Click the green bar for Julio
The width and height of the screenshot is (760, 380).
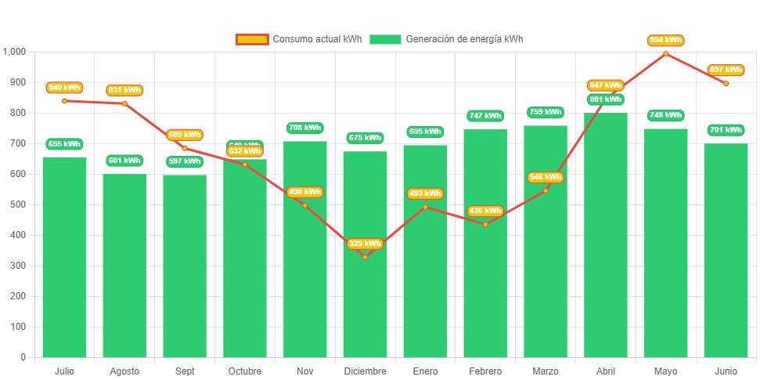64,259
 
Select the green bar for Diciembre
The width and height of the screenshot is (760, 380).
365,306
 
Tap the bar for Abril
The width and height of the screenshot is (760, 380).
606,235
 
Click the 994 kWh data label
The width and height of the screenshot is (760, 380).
665,40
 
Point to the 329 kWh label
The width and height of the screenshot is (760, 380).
365,244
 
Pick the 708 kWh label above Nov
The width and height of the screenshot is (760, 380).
304,128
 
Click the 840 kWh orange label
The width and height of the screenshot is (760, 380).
64,88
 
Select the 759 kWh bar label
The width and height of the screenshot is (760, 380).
546,112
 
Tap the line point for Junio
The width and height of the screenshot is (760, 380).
726,83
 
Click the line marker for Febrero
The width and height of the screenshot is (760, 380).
485,224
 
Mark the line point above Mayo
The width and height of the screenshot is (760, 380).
665,53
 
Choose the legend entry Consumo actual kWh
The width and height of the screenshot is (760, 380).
298,39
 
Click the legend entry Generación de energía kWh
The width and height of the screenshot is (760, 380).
446,39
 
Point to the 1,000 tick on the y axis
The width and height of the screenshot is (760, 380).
15,52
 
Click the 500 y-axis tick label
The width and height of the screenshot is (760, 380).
18,204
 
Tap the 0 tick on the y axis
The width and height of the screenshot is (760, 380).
23,357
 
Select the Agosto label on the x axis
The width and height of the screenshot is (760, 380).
124,371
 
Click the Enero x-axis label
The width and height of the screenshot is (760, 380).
425,371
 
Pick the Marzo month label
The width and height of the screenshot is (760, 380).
546,371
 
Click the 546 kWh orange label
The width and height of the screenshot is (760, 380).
546,177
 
